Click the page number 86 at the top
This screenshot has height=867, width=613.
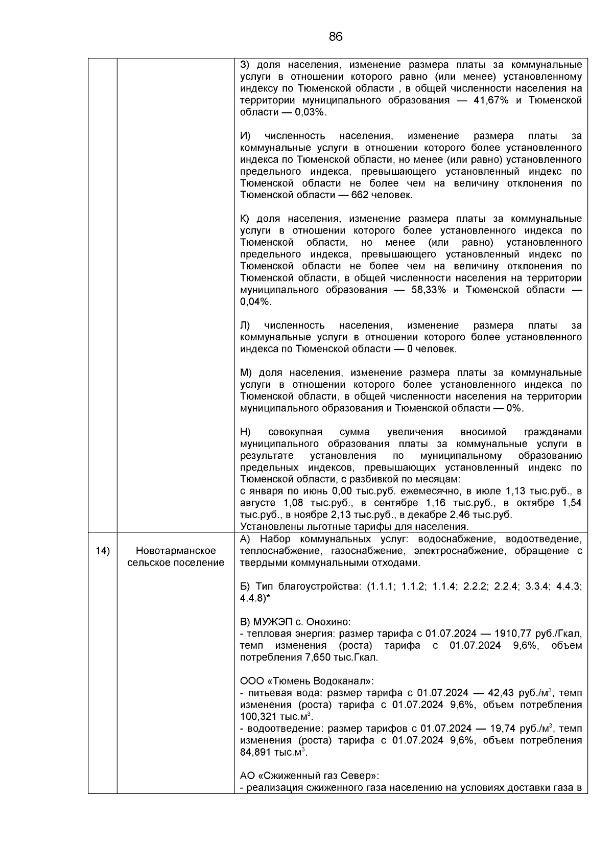pos(336,37)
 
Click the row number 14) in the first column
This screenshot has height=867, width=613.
pos(103,551)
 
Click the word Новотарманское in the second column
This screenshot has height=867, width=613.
pos(176,551)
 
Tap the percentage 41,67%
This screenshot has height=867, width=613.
pos(491,100)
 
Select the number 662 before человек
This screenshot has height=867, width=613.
pos(360,195)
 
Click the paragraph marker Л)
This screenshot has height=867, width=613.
pos(246,325)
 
